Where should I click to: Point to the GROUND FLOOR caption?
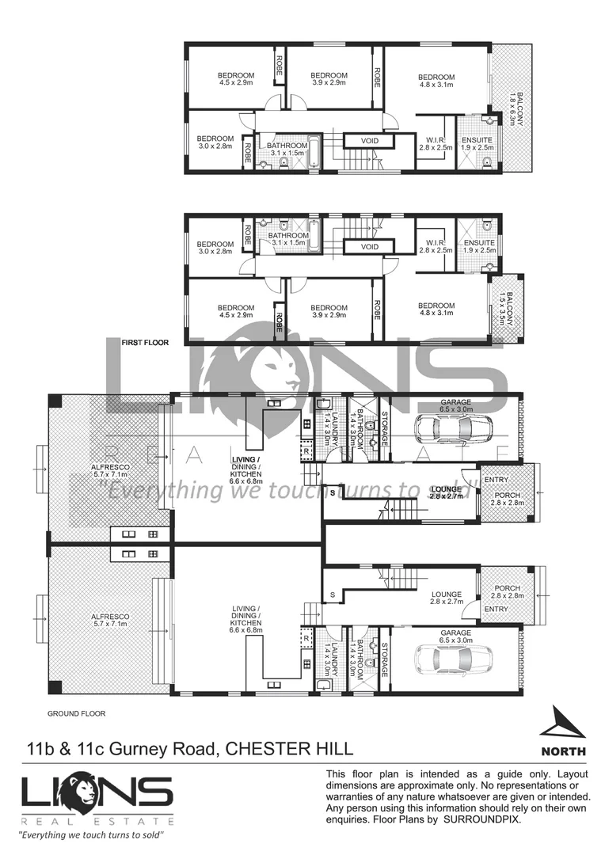point(76,713)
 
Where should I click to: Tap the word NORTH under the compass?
point(563,751)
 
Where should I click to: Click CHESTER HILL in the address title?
point(290,749)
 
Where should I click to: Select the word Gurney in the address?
point(148,749)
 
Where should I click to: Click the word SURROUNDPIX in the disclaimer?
point(483,821)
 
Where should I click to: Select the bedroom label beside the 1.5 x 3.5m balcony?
point(436,310)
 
